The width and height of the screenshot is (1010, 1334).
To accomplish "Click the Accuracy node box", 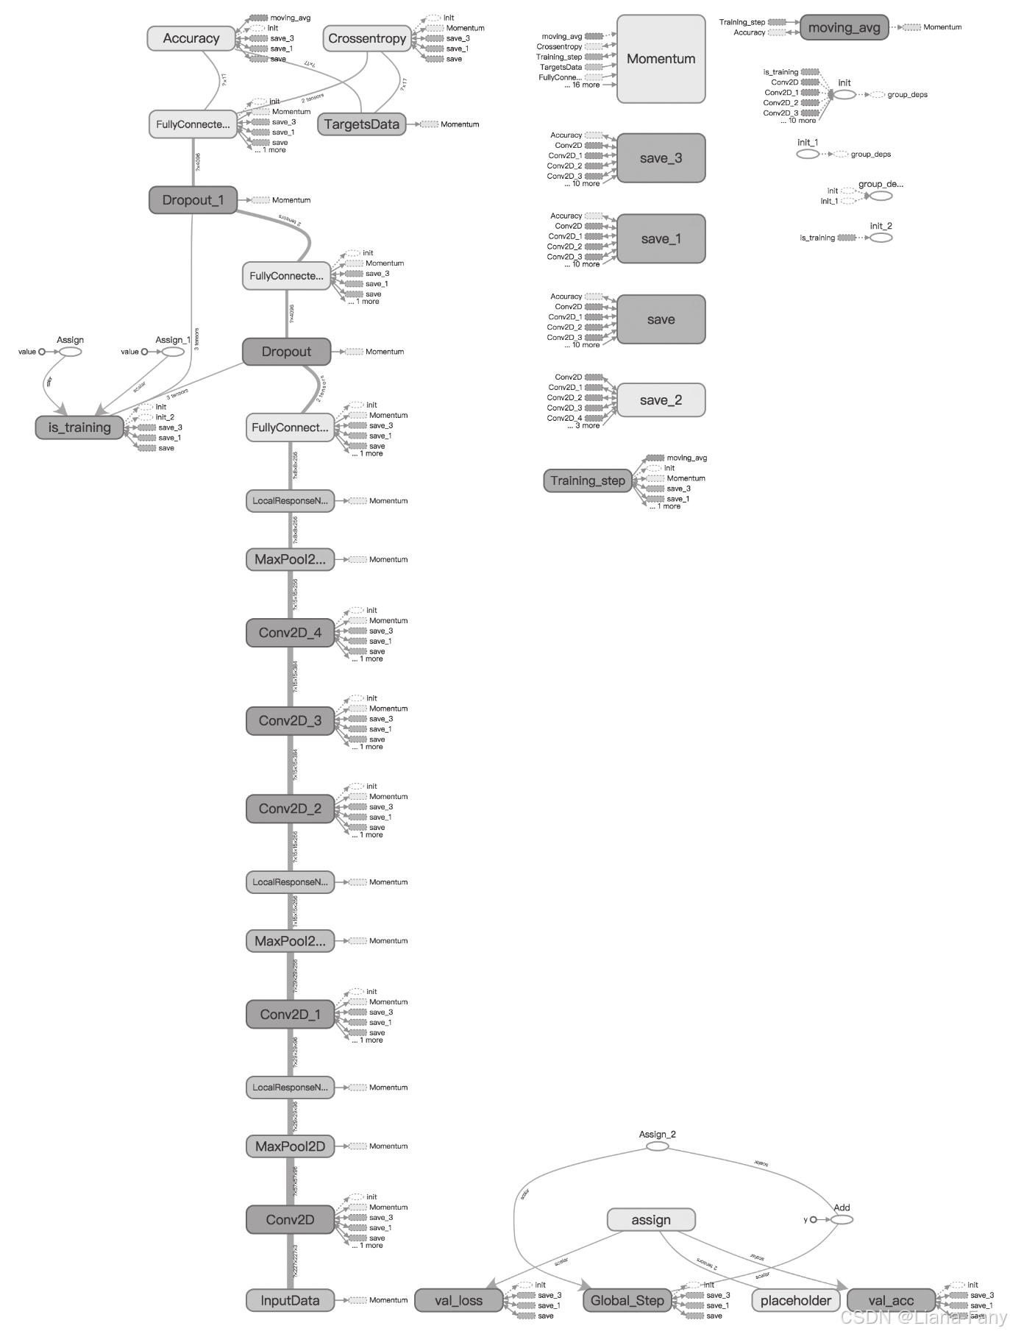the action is point(191,38).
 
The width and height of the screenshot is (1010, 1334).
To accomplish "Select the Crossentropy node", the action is point(367,38).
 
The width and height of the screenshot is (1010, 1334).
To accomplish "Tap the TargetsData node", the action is point(361,124).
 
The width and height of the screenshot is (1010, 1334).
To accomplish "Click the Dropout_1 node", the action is point(193,200).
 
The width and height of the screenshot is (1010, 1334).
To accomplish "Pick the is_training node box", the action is point(79,427).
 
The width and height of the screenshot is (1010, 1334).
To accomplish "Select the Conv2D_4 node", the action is point(290,633).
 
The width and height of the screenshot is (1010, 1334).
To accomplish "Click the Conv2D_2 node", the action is point(290,809).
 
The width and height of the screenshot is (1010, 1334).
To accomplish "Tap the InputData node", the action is point(290,1300).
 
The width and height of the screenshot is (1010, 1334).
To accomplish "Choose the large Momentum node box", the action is point(661,59).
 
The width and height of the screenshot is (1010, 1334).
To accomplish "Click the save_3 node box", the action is point(661,158).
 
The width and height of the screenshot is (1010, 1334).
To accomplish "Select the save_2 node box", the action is point(661,400).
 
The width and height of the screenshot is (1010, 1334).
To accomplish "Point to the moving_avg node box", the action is point(844,28).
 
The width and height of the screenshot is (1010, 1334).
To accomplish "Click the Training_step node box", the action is point(587,480).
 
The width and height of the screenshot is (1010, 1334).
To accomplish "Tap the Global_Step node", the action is point(627,1300).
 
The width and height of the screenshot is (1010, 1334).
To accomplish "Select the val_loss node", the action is point(458,1300).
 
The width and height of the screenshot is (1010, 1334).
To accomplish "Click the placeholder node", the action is point(795,1300).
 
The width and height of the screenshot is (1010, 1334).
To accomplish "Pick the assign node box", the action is point(650,1220).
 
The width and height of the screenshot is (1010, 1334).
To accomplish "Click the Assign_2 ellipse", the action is point(657,1146).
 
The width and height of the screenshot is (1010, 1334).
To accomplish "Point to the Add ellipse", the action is point(842,1219).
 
